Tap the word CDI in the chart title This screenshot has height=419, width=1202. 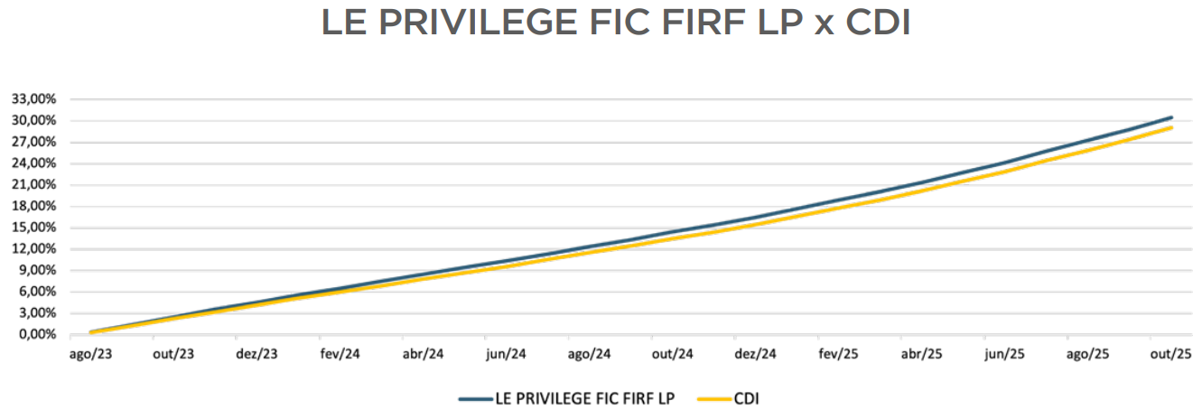(877, 24)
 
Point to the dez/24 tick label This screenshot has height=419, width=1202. (755, 354)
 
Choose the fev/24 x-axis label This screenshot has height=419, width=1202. (340, 354)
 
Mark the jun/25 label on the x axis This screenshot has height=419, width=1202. (1004, 354)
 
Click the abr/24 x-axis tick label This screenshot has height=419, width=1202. (423, 354)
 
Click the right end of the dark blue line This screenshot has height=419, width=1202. (1171, 117)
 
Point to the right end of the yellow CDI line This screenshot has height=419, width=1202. (1171, 127)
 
